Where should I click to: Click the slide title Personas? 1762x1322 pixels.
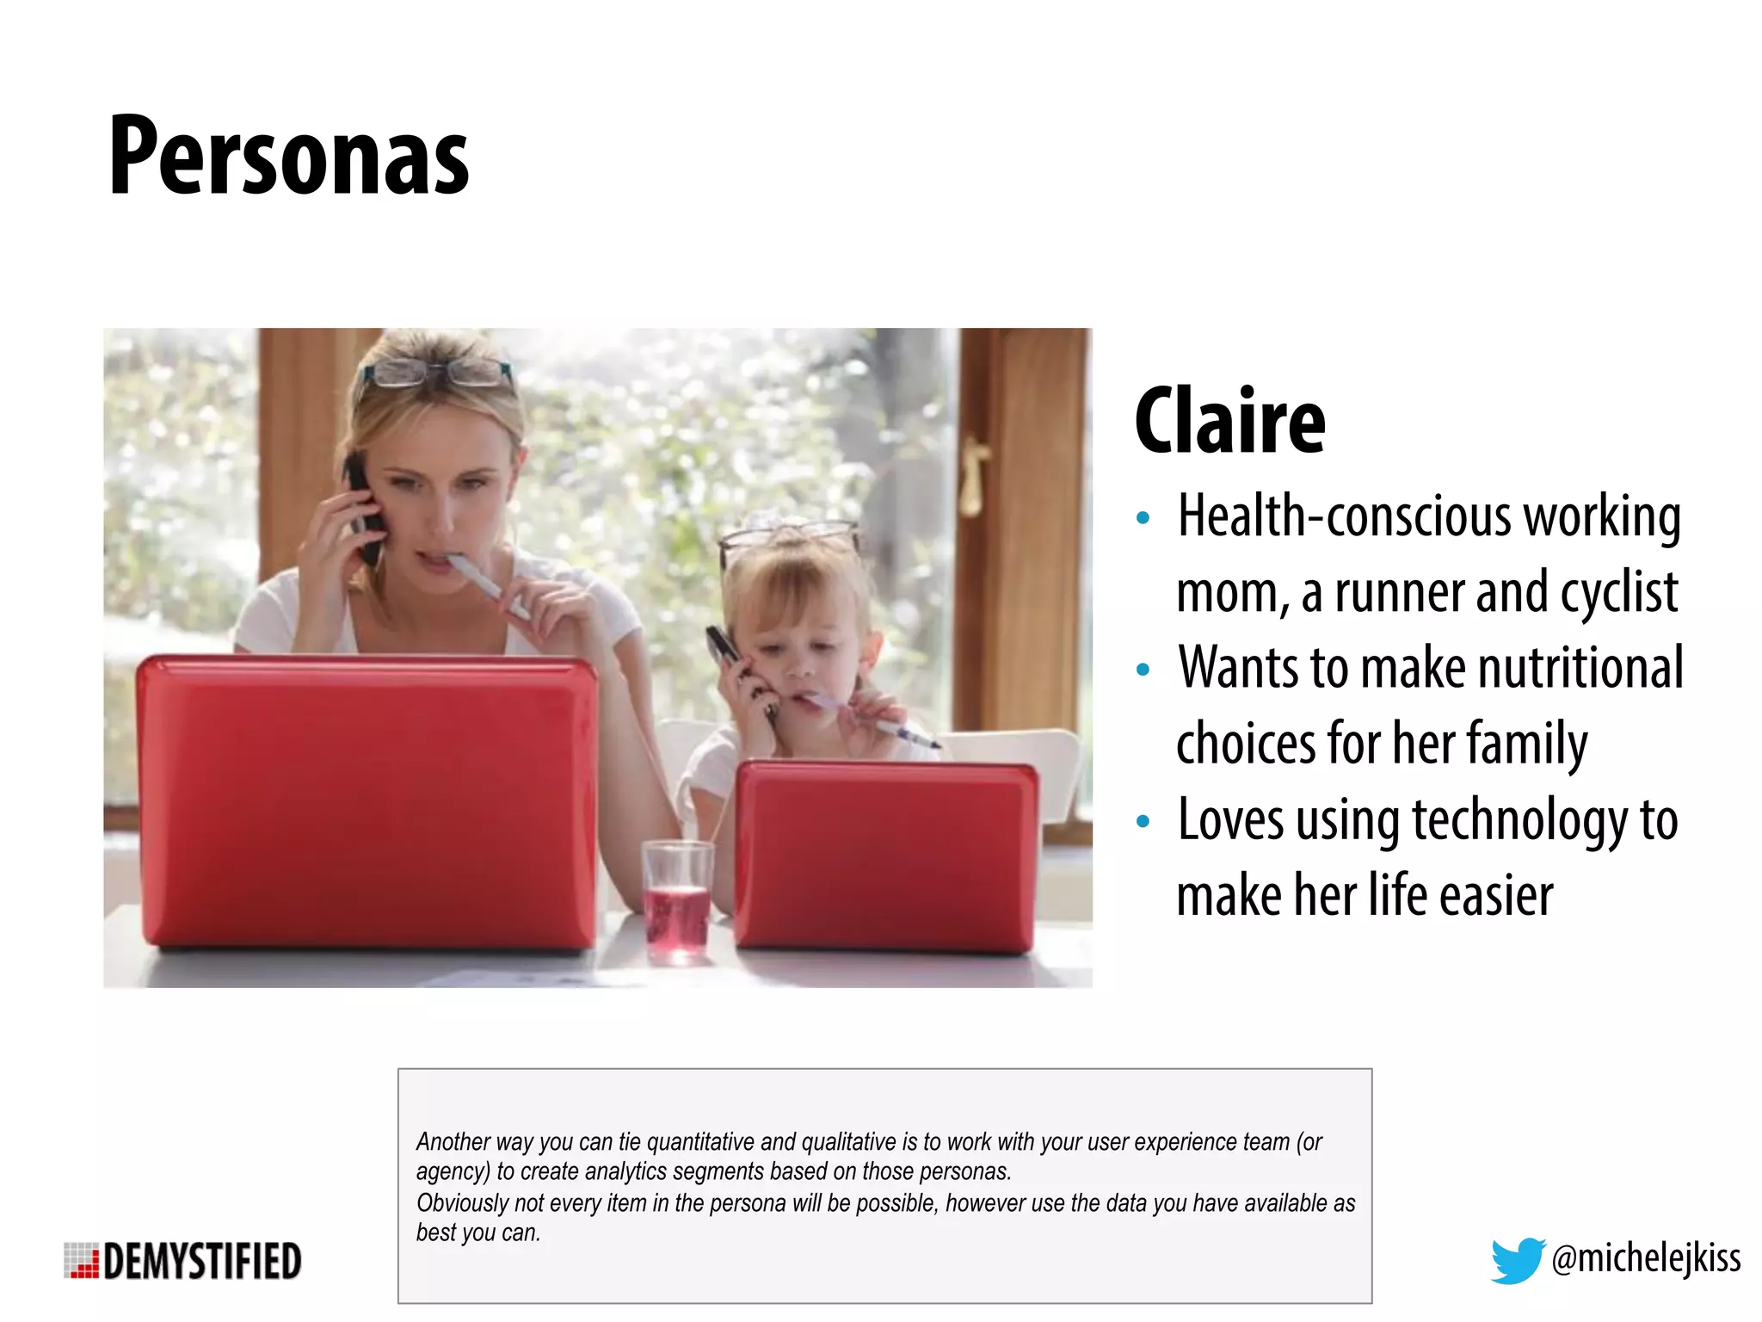coord(288,157)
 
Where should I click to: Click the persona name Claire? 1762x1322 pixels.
coord(1229,421)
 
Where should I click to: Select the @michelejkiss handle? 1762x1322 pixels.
coord(1646,1258)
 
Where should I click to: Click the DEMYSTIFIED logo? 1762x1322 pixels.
coord(183,1261)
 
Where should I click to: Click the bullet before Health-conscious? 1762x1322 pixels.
coord(1143,518)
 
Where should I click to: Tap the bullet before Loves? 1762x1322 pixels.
coord(1143,821)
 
